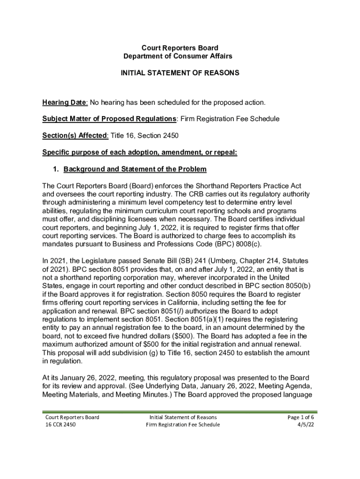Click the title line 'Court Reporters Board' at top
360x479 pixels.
[180, 48]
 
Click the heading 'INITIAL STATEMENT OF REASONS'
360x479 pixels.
[180, 73]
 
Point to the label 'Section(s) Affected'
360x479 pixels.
[75, 136]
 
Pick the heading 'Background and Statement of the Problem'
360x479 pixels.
[135, 169]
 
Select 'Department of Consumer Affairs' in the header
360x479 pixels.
[180, 56]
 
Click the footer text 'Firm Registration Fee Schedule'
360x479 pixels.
[183, 425]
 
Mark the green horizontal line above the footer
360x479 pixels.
[180, 412]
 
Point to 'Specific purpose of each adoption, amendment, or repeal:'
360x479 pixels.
[140, 152]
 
